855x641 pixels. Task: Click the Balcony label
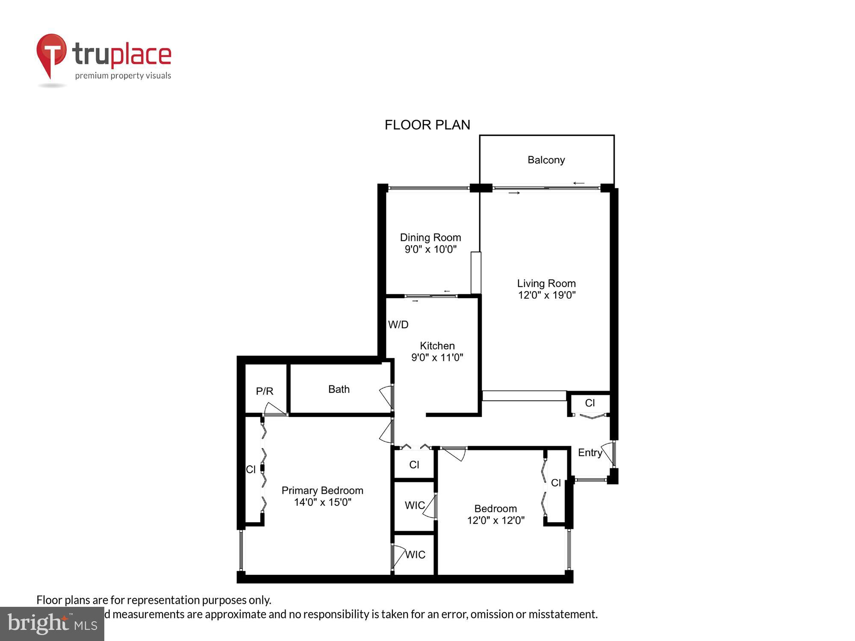546,160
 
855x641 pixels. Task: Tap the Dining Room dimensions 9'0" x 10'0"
430,249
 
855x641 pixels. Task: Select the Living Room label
546,283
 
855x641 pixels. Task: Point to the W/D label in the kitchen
398,324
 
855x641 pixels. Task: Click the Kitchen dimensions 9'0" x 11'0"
437,357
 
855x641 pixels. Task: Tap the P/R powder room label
264,391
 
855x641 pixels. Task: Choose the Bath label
339,389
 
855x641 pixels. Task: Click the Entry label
590,453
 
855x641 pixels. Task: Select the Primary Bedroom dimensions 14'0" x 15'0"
322,502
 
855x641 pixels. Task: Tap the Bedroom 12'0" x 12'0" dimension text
495,520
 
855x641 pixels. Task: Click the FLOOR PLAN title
427,125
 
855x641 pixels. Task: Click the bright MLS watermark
52,623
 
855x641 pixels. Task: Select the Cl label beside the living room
590,403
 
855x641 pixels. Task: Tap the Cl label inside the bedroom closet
555,483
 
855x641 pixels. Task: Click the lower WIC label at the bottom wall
415,555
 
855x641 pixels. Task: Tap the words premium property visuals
123,76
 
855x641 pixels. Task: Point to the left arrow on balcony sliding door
579,183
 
